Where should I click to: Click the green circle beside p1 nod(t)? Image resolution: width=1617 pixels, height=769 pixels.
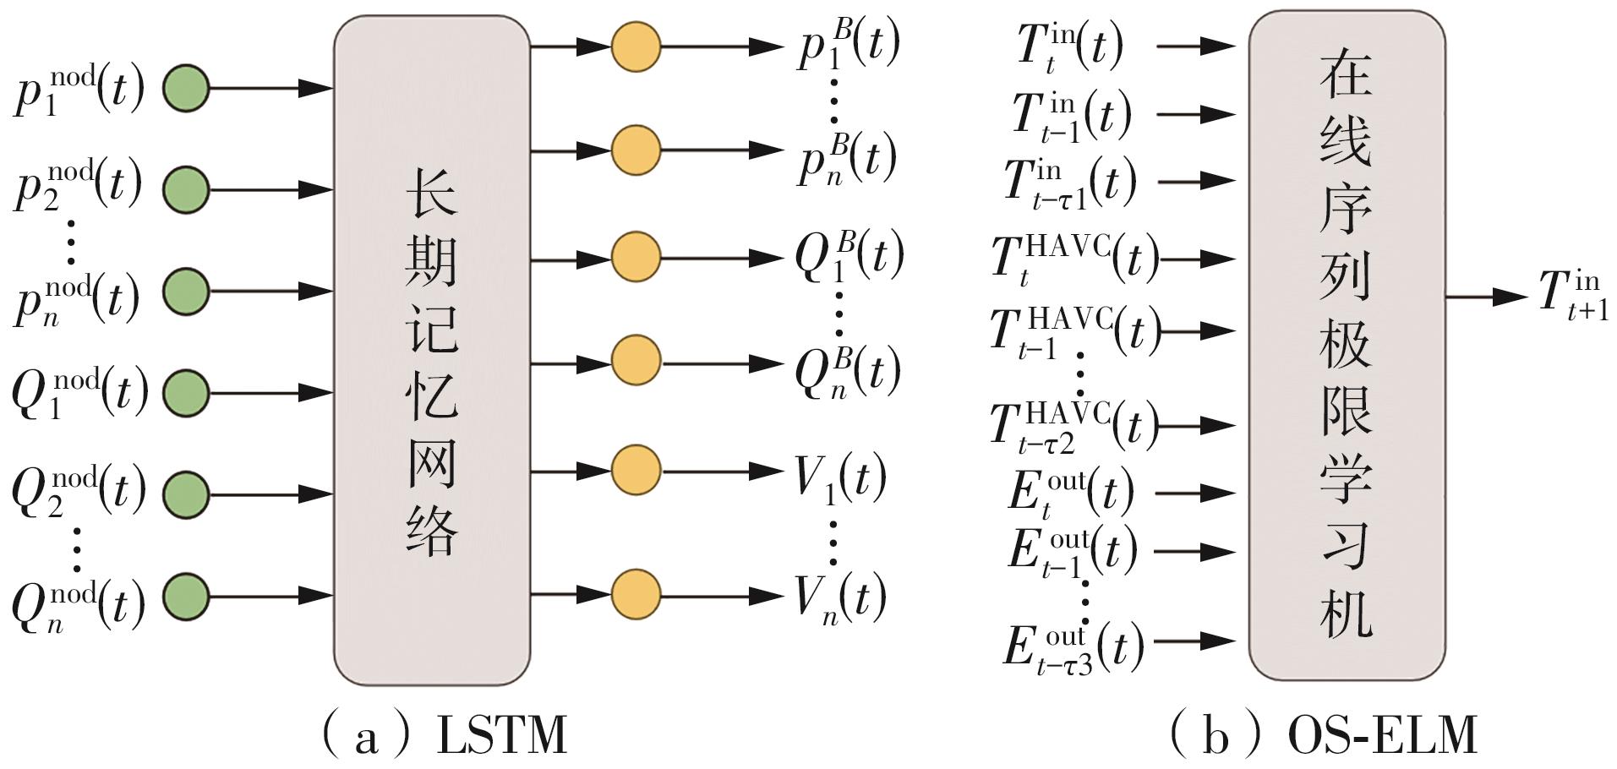pos(185,87)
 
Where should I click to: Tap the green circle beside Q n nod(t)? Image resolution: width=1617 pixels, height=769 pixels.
pos(185,596)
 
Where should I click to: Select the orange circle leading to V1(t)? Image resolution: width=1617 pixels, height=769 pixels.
pos(636,470)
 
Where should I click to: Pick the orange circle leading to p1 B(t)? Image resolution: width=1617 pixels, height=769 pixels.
pos(636,46)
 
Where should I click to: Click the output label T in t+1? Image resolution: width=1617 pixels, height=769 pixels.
pos(1573,296)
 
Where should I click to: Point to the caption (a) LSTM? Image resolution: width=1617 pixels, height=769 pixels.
pos(443,734)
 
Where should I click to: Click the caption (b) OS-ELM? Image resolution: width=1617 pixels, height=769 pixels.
pos(1322,734)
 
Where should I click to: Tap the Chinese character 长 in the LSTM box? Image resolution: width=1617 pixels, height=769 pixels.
pos(431,190)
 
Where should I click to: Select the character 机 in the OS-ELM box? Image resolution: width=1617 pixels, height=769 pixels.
pos(1346,608)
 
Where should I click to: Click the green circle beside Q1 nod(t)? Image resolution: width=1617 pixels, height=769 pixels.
pos(185,393)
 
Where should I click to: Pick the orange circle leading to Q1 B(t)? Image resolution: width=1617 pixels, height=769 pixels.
pos(636,256)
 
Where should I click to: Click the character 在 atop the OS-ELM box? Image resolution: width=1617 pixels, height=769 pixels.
pos(1346,73)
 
